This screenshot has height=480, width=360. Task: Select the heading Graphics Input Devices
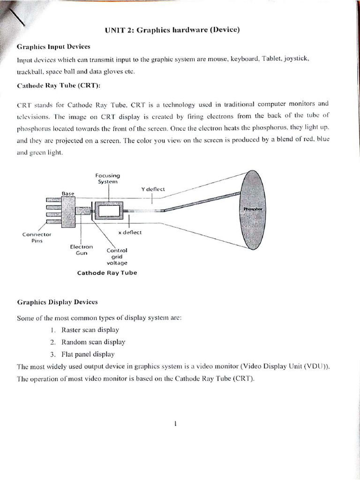[53, 47]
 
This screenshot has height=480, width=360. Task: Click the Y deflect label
[152, 189]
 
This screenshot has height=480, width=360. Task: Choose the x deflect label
[130, 232]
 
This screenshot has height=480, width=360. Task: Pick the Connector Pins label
[36, 237]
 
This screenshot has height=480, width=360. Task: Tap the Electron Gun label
[82, 249]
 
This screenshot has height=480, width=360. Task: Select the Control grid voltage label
[117, 256]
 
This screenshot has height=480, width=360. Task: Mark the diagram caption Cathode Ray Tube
[107, 273]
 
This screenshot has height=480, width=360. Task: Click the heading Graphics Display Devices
[57, 302]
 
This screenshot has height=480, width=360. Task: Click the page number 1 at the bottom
[175, 424]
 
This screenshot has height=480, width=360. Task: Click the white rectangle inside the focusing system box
[108, 210]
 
